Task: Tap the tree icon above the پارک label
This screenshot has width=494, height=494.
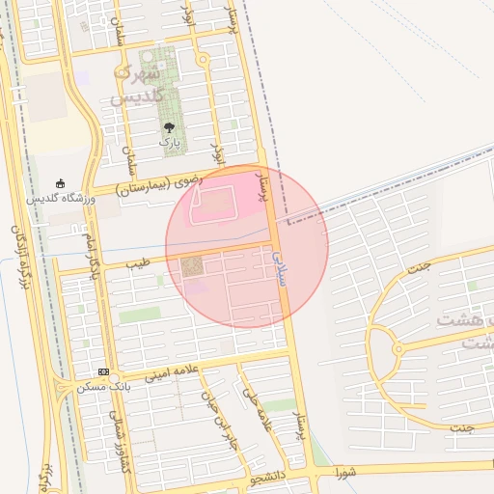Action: [x=169, y=127]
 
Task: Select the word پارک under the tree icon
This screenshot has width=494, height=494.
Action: [x=169, y=142]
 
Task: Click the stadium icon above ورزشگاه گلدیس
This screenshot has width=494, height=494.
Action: [x=61, y=183]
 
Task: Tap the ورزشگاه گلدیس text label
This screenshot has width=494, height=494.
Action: [x=60, y=198]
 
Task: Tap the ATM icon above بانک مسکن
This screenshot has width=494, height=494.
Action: [x=102, y=372]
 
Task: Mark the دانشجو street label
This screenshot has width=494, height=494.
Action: [x=264, y=477]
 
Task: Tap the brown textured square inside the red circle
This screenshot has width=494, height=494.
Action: [x=192, y=265]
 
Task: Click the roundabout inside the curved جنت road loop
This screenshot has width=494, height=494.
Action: [x=397, y=349]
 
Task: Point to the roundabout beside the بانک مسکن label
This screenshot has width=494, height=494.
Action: [x=64, y=387]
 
